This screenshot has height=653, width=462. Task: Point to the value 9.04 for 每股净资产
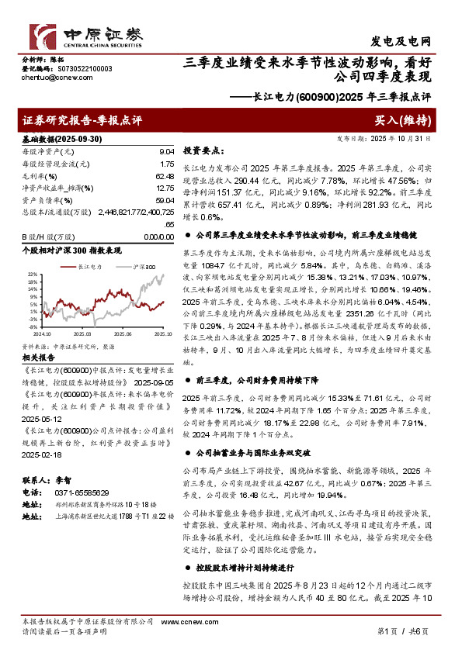click(165, 152)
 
